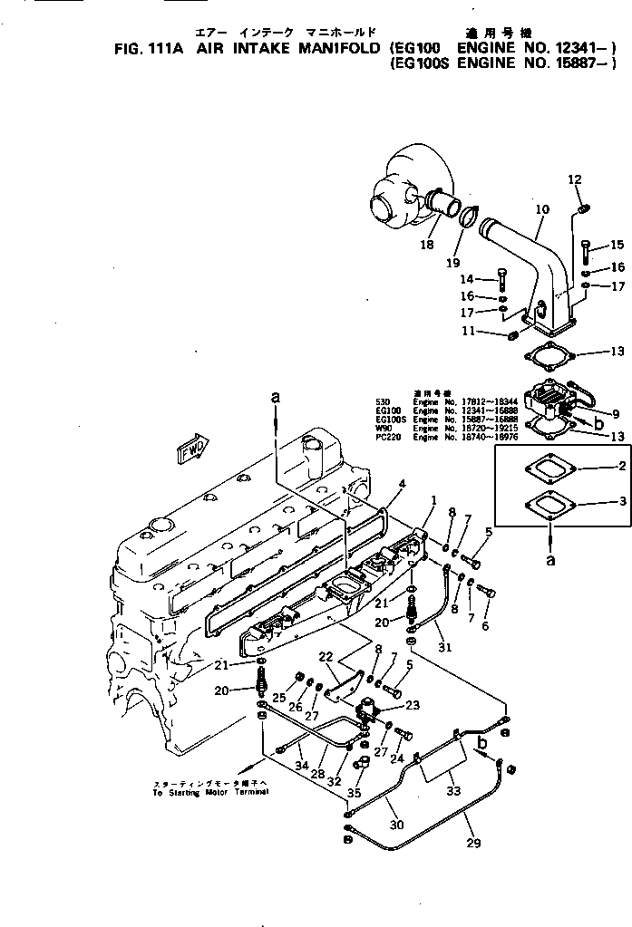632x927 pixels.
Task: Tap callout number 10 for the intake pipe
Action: click(x=542, y=210)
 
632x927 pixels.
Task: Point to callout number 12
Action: click(x=574, y=179)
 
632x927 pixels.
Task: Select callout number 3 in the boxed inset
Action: click(x=622, y=500)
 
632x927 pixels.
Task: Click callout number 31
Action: click(x=443, y=646)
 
